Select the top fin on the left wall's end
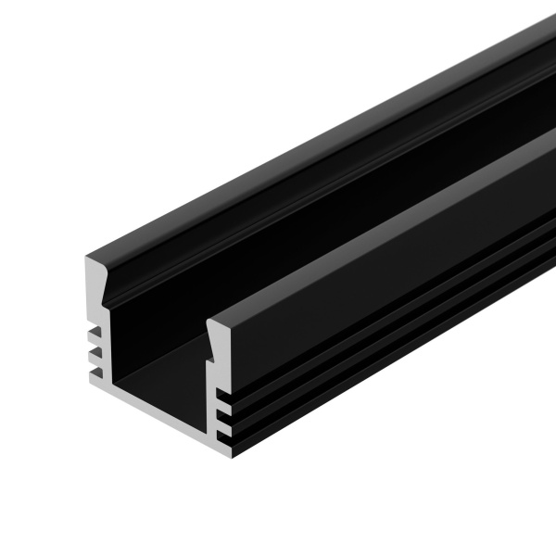tap(94, 332)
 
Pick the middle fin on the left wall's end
tap(94, 353)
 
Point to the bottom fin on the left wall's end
tap(94, 373)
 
